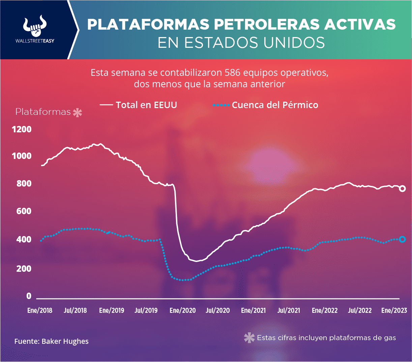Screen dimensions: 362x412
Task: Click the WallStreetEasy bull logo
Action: click(35, 26)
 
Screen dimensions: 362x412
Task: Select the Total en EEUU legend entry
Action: click(139, 105)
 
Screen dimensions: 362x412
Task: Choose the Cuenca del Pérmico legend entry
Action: click(266, 105)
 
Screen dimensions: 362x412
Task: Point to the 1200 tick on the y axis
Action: click(22, 129)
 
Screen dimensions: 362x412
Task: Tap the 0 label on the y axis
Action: click(29, 296)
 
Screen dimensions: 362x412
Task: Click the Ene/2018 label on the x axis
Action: click(40, 310)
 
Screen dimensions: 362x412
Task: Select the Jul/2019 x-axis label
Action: click(146, 310)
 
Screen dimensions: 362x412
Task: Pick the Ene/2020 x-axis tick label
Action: click(182, 310)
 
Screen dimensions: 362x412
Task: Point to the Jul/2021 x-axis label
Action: click(289, 310)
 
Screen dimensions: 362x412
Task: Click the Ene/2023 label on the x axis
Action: click(394, 310)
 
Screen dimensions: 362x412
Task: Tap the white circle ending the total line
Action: click(402, 189)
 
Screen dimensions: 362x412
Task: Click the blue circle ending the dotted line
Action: click(402, 239)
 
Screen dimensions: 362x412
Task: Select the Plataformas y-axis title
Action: click(43, 112)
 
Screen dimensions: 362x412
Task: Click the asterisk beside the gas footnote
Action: click(249, 338)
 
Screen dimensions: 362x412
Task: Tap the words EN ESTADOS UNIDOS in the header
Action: click(241, 43)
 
